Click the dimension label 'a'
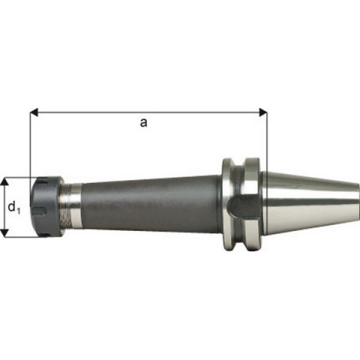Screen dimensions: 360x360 [x=143, y=123]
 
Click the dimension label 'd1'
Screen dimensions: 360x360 [x=14, y=208]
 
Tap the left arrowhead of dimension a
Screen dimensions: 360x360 [x=34, y=112]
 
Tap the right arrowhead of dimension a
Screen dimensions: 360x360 [x=263, y=112]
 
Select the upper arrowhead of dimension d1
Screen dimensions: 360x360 [x=4, y=182]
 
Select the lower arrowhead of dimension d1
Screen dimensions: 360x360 [x=4, y=232]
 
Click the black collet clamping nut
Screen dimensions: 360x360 [x=47, y=206]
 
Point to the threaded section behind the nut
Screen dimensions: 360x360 [x=65, y=206]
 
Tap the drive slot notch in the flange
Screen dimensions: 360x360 [x=242, y=206]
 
